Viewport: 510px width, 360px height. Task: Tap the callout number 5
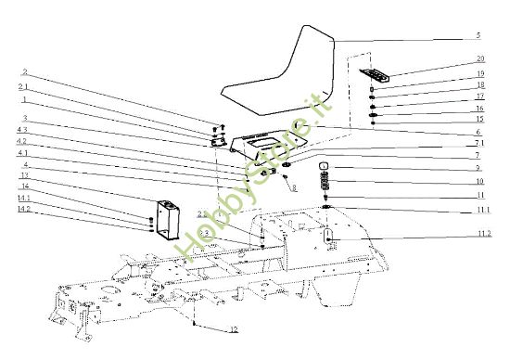[478, 35]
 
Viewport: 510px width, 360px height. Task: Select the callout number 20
[479, 59]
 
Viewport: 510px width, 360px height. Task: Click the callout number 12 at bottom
[234, 329]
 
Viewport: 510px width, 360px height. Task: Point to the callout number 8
[293, 188]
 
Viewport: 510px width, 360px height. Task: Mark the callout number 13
[25, 174]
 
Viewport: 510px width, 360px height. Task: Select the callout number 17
[479, 96]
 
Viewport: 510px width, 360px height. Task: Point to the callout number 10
[478, 182]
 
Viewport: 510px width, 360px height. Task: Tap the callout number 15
[479, 120]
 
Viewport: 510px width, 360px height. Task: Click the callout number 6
[478, 132]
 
